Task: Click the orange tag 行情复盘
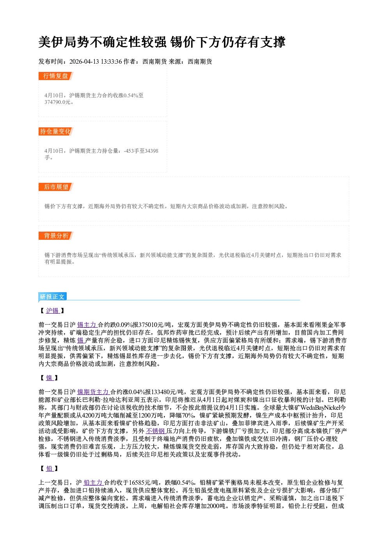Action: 56,76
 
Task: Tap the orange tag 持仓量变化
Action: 56,131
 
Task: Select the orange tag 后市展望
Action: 56,187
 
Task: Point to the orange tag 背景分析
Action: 56,236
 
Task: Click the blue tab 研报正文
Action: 53,297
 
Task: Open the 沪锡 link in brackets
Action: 53,311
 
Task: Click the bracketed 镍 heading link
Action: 50,378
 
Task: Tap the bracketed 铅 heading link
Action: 50,468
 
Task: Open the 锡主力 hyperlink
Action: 87,325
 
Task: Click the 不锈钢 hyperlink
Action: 156,431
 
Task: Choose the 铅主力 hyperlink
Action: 94,482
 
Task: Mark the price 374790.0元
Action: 58,102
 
